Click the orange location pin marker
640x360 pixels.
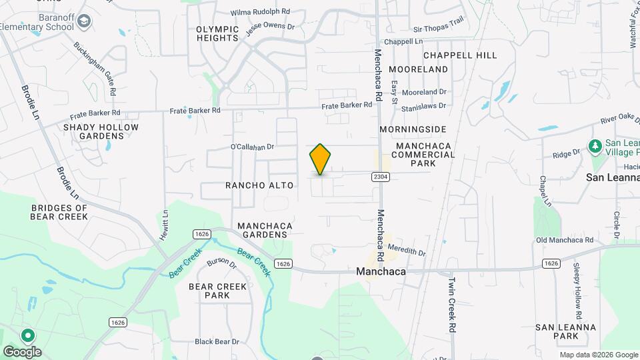(320, 159)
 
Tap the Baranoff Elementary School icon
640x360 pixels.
(84, 22)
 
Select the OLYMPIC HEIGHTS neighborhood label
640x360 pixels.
(217, 33)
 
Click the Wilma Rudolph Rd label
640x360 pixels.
(261, 12)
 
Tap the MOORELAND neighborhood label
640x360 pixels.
(419, 69)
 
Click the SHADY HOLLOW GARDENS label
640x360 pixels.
(101, 131)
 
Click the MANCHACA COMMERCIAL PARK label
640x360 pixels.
(424, 155)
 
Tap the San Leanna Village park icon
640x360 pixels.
(595, 145)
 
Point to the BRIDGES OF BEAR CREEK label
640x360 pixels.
(59, 212)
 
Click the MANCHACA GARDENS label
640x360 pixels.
(263, 230)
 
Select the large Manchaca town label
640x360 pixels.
(381, 272)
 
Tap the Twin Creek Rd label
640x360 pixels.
(453, 305)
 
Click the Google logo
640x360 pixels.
(21, 351)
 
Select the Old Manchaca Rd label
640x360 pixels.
(564, 240)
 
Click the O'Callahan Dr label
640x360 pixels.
(253, 146)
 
